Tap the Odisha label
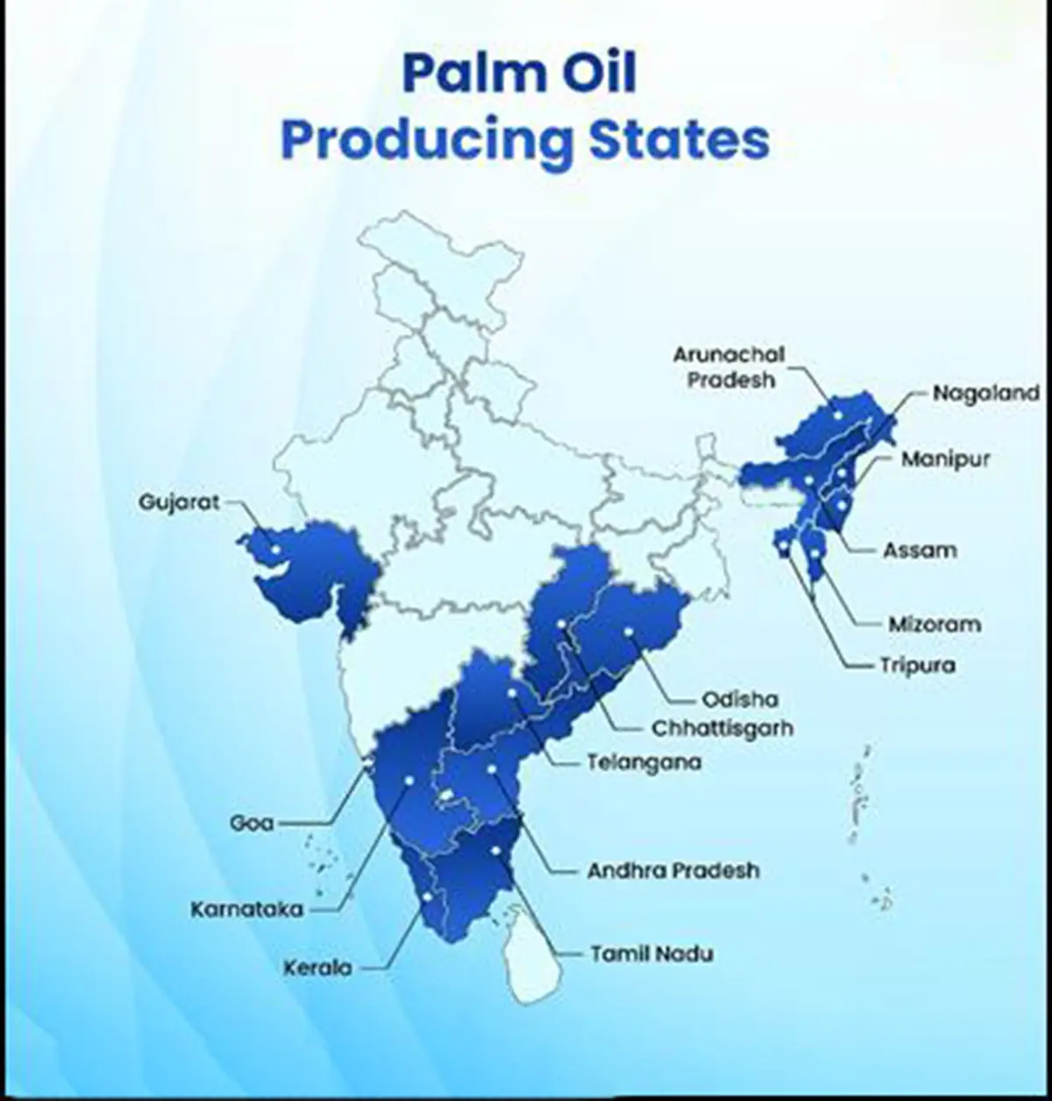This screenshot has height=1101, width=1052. point(740,700)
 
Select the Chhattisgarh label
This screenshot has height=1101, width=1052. point(722,728)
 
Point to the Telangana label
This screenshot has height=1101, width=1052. point(644,762)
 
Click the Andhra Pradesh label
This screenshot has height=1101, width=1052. point(673,870)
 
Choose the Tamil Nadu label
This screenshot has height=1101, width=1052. point(651,953)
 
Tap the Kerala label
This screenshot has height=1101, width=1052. point(317,968)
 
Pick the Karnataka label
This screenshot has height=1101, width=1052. point(246,909)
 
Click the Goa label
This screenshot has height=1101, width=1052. point(252,823)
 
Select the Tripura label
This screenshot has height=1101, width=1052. point(917,665)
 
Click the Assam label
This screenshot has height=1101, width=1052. point(919,550)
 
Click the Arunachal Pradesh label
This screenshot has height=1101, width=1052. point(729,367)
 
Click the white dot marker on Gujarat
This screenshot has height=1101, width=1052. point(275,549)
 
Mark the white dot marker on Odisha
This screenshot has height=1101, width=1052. point(629,630)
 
